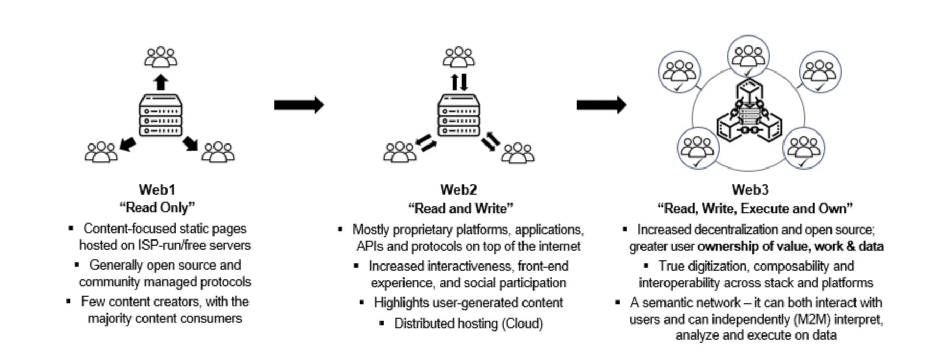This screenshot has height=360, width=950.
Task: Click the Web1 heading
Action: click(x=157, y=189)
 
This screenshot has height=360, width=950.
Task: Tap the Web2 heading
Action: click(x=458, y=190)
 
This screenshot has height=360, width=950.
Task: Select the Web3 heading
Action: click(x=750, y=190)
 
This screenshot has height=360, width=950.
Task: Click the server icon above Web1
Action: click(x=161, y=115)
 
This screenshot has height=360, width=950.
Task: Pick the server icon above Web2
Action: click(x=459, y=115)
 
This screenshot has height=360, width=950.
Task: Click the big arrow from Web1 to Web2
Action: click(x=299, y=105)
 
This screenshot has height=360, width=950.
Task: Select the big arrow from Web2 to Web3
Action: click(x=601, y=105)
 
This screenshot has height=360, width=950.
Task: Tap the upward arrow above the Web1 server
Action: click(x=161, y=82)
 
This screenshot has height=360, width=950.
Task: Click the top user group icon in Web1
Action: click(x=161, y=57)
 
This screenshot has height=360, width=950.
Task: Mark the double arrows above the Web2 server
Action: click(x=459, y=82)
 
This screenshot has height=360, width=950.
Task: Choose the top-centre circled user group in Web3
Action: click(x=749, y=56)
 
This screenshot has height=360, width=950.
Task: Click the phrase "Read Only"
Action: click(x=157, y=208)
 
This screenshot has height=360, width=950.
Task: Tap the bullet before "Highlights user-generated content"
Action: click(x=362, y=303)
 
